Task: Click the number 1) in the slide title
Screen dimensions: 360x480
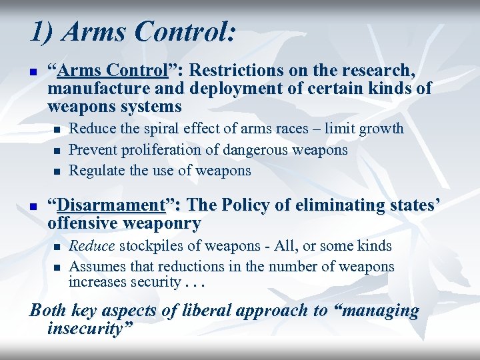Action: [x=41, y=32]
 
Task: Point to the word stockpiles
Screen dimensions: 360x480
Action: [x=151, y=246]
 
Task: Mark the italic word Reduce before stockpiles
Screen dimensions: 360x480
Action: [x=92, y=246]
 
